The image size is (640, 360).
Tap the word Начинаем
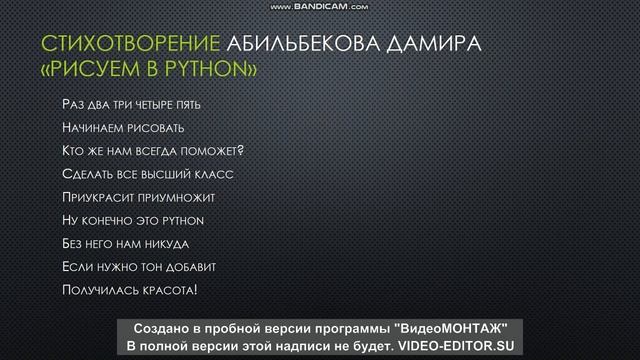[94, 128]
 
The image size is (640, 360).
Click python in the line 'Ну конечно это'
[182, 220]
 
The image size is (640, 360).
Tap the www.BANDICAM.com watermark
[319, 6]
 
